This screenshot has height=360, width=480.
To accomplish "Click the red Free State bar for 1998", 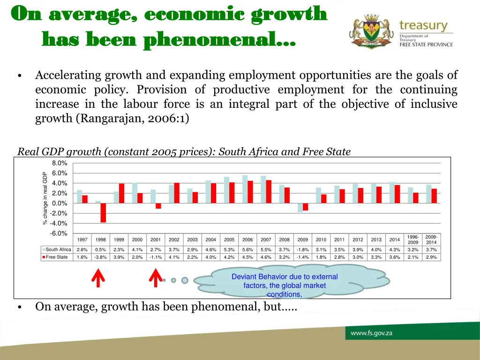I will (103, 213).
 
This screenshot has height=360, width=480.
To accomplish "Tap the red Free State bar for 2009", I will (305, 207).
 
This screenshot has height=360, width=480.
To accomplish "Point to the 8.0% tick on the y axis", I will (60, 163).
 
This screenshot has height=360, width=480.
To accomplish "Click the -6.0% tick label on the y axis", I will (60, 233).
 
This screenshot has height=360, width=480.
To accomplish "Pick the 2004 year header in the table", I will (210, 240).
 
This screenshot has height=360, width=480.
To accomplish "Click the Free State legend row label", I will (56, 257).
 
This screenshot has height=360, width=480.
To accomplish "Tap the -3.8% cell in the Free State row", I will (100, 257).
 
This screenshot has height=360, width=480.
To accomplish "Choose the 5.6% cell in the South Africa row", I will (247, 250).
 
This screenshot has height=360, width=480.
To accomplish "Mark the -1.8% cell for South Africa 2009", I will (302, 250).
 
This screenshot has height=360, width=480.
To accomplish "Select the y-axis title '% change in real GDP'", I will (45, 198).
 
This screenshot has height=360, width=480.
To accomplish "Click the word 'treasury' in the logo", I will (423, 25).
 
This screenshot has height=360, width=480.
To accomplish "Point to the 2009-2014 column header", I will (431, 240).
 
